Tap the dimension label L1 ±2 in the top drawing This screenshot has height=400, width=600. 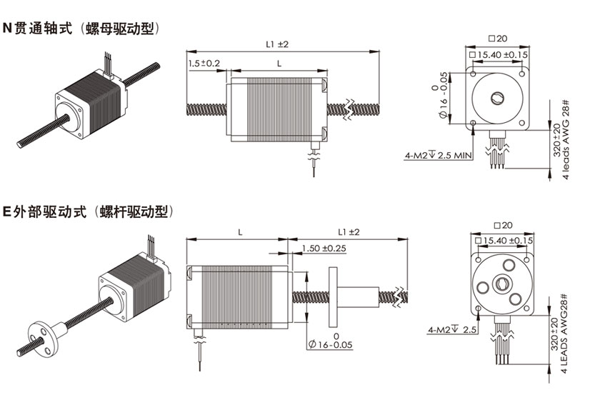point(276,44)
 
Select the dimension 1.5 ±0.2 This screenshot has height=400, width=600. point(204,64)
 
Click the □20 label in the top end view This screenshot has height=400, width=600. point(498,39)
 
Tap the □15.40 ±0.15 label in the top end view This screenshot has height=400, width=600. point(499,54)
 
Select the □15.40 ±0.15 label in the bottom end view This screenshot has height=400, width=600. point(504,241)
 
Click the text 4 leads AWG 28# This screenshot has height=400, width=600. point(566,139)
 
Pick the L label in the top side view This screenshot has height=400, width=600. point(279,64)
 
